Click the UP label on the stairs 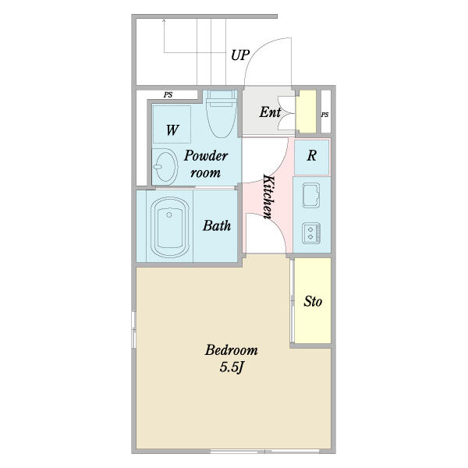(x=240, y=55)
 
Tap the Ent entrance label (x=270, y=112)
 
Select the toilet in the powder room (x=222, y=113)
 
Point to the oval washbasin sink (x=165, y=166)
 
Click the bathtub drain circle (x=169, y=214)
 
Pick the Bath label (x=217, y=225)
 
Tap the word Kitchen (x=268, y=197)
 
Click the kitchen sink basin (x=311, y=195)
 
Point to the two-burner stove (x=311, y=233)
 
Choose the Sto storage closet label (x=313, y=301)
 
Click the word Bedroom (x=231, y=349)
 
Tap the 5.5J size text (x=232, y=367)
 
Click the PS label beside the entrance (x=325, y=115)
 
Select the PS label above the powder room (x=168, y=95)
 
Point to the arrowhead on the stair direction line (x=164, y=20)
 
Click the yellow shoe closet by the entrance (x=306, y=112)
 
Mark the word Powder (x=206, y=156)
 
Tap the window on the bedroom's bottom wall (x=264, y=452)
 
